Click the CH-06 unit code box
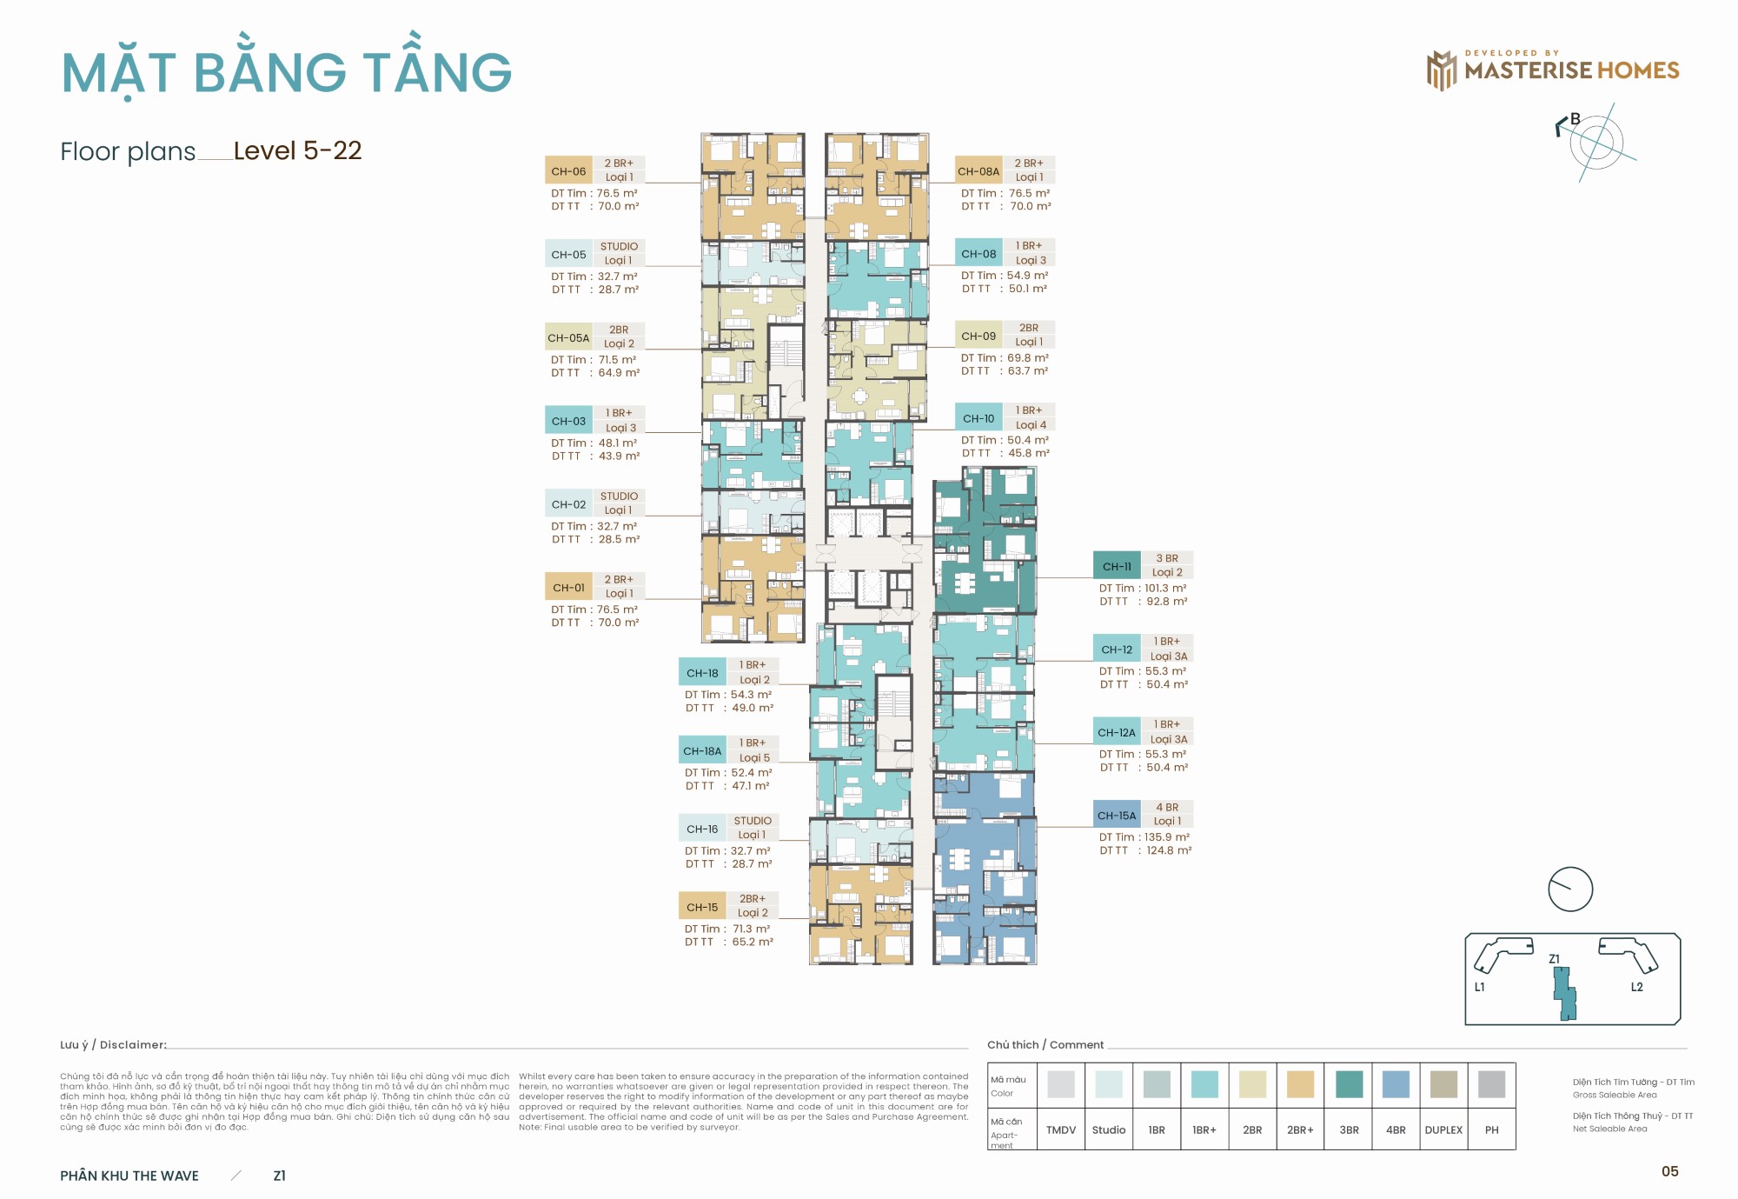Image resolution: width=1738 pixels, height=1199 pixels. click(568, 171)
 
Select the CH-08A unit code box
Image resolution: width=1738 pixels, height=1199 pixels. click(978, 171)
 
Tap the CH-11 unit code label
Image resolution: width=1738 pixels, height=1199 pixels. click(1117, 566)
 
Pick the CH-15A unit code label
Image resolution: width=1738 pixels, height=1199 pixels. click(1117, 816)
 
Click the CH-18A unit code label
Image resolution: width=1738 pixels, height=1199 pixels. click(702, 751)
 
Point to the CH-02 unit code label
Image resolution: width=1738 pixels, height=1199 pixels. click(568, 504)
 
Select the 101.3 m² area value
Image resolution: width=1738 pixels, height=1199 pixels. click(1164, 588)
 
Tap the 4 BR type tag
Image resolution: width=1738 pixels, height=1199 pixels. click(1167, 807)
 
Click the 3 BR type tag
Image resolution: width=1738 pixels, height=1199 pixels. click(1167, 558)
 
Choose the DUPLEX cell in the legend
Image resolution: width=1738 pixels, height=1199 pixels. click(1443, 1129)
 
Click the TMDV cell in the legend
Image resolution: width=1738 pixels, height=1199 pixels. click(1061, 1129)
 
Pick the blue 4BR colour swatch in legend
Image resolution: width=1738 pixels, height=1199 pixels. click(1396, 1084)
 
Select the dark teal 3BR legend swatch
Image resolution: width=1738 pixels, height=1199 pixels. click(1349, 1084)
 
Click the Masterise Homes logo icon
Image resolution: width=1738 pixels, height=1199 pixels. click(1441, 70)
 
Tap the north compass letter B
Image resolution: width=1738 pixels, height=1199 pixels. click(1575, 120)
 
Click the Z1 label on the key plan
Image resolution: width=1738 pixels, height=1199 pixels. click(1555, 959)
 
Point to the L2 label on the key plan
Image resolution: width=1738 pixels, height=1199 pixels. click(1636, 987)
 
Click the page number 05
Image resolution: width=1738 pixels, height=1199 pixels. click(1669, 1171)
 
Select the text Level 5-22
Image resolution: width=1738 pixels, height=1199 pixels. click(297, 150)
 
